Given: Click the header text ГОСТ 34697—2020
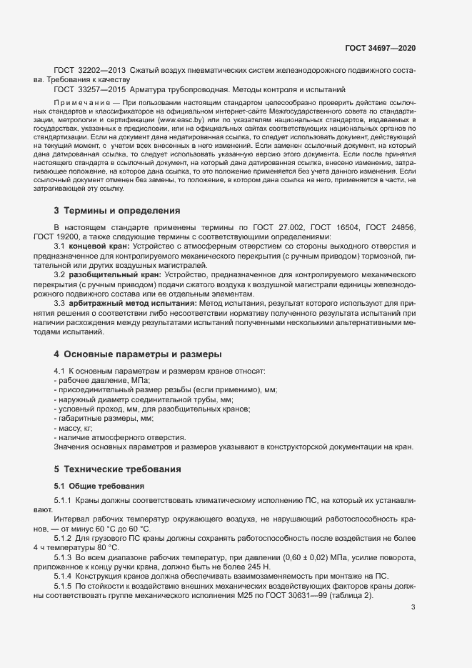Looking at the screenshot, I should point(380,48).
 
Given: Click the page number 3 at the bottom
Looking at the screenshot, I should point(413,588).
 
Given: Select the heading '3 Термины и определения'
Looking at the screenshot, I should point(111,211).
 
